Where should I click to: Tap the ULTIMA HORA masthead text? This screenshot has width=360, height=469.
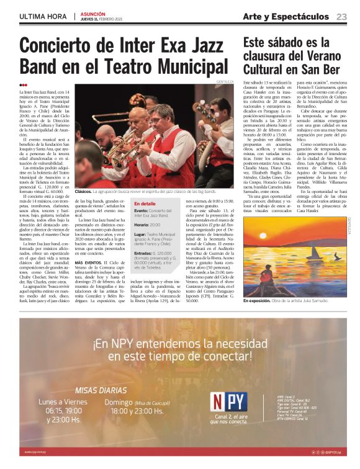click(x=43, y=17)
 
